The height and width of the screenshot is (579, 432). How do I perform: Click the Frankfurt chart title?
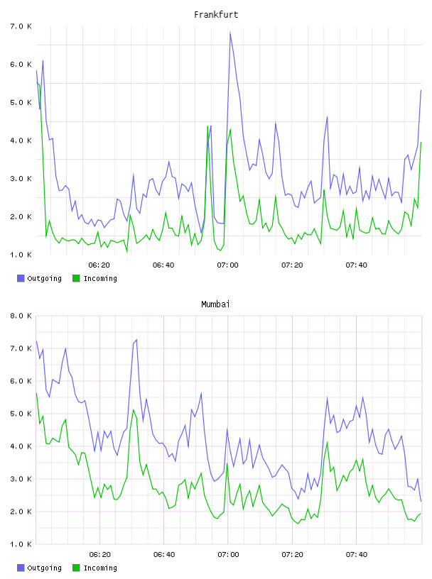coord(216,15)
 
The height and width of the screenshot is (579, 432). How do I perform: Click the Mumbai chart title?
coord(215,304)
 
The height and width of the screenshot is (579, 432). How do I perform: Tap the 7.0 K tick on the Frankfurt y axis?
coord(21,26)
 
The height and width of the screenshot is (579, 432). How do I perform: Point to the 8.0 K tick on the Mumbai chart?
coord(21,316)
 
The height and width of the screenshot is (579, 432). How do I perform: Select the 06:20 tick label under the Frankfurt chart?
coord(99,265)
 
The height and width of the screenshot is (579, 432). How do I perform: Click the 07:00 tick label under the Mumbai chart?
coord(228,555)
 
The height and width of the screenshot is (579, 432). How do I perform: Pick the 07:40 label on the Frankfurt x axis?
coord(357,265)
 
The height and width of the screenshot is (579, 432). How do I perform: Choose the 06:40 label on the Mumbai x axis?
coord(164,555)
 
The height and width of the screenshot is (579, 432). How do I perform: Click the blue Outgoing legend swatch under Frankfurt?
coord(21,278)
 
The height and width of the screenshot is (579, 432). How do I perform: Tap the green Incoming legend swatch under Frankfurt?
coord(76,278)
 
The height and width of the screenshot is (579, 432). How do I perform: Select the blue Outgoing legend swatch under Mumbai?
coord(21,568)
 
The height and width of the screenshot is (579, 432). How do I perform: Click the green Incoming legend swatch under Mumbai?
coord(76,568)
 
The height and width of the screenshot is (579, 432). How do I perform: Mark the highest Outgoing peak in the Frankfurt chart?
coord(230,32)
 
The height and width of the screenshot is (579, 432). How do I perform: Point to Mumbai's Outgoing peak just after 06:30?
coord(136,340)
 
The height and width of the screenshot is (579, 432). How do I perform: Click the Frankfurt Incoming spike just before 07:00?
coord(208,126)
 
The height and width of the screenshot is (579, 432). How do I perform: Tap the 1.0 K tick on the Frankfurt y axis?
coord(21,255)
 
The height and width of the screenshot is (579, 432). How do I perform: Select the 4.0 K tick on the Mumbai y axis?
coord(21,446)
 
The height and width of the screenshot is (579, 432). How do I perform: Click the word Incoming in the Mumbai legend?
coord(100,568)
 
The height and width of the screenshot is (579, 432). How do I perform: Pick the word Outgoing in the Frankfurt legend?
coord(44,279)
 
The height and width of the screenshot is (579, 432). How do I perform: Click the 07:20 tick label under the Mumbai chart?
coord(293,555)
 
